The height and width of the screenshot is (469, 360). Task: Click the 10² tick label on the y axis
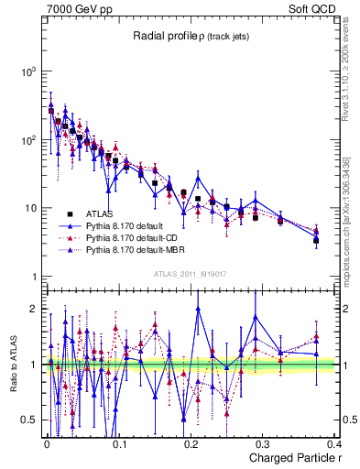27,140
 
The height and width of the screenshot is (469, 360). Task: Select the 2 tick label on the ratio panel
33,309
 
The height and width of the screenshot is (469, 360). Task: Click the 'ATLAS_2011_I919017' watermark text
191,272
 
